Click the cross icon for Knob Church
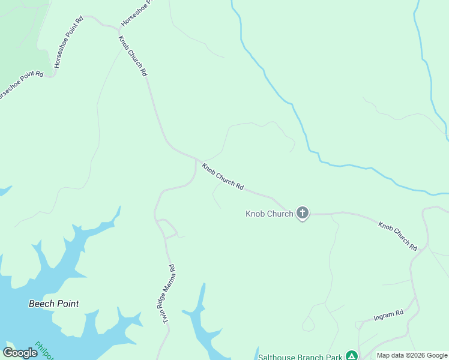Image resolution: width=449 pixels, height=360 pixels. pos(303,212)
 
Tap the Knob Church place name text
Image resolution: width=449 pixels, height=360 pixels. pos(270,214)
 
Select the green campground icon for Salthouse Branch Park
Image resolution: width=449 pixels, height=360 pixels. pos(352,356)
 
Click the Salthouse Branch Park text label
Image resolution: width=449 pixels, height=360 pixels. pos(300,357)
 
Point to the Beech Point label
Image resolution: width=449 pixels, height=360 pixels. pos(54,304)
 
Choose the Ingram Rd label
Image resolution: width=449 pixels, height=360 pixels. pos(388,314)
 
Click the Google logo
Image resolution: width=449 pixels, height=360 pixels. pos(20,353)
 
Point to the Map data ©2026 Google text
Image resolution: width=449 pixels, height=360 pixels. pos(411,356)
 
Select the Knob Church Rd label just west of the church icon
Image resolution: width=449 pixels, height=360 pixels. pos(222,177)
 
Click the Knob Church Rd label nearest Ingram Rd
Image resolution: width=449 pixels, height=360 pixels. pos(397,236)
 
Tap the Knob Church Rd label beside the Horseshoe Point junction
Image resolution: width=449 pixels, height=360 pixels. pos(133,56)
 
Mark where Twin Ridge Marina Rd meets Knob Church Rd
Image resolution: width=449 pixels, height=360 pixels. pos(196,160)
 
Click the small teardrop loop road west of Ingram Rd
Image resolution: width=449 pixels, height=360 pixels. pos(308,325)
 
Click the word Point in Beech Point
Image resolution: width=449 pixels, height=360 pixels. pos(67,304)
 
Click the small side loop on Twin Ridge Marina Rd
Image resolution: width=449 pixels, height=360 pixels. pos(168,227)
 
